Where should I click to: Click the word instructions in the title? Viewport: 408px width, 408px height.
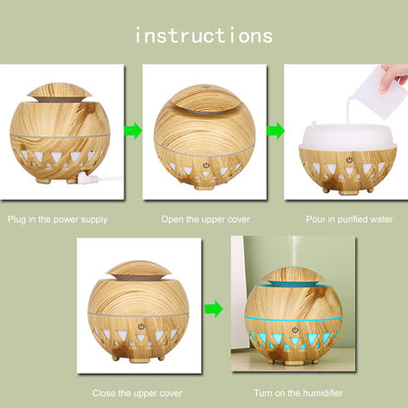tap(204, 36)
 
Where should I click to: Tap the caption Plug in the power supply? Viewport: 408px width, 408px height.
tap(58, 220)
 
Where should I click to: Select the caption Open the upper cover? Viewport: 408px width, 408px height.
tap(205, 219)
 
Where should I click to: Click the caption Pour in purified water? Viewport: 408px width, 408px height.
tap(349, 219)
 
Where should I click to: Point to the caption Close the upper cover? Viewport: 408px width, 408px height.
tap(137, 393)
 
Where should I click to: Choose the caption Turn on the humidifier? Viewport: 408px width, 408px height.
tap(298, 393)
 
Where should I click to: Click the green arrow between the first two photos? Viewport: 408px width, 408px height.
tap(133, 130)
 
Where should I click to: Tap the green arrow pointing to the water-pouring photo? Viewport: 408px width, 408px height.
tap(276, 130)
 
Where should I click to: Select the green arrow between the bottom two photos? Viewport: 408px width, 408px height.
tap(214, 308)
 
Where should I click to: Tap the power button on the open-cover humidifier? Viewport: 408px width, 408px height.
tap(205, 166)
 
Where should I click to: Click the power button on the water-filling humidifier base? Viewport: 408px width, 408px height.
tap(349, 160)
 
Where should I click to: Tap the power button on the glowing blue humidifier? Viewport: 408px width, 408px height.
tap(295, 330)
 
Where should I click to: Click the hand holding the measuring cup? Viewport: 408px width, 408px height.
tap(393, 77)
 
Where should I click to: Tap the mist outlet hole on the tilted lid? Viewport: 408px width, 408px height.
tap(206, 87)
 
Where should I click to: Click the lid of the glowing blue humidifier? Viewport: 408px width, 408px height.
tap(294, 275)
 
